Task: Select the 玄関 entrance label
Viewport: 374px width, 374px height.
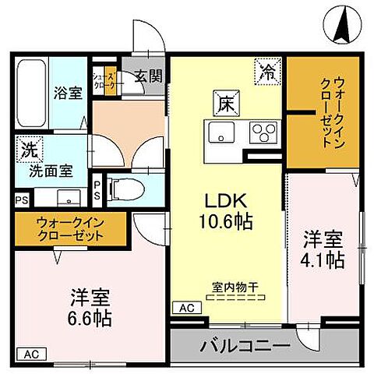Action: (146, 76)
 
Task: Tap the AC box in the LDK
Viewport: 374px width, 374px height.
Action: (186, 308)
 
